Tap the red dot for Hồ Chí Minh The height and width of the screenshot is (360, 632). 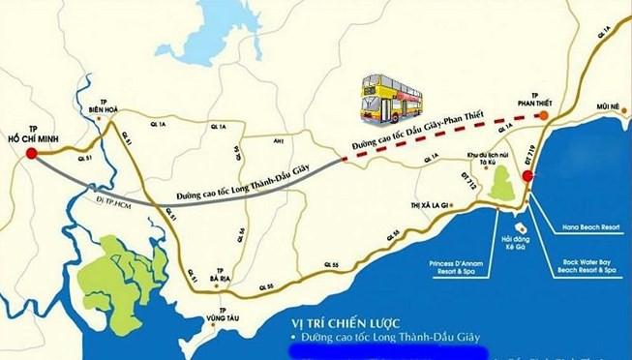coord(31,153)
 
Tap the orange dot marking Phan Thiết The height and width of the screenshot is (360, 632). coord(545,114)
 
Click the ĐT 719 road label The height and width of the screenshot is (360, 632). coord(528,152)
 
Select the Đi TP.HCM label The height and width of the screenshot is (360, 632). coord(112,198)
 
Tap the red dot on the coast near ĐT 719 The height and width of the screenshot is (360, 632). coord(527,176)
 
